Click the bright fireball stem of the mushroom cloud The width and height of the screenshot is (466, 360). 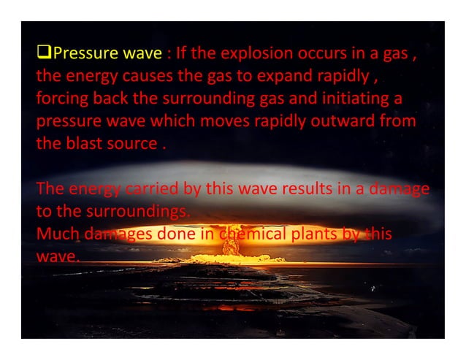click(232, 245)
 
